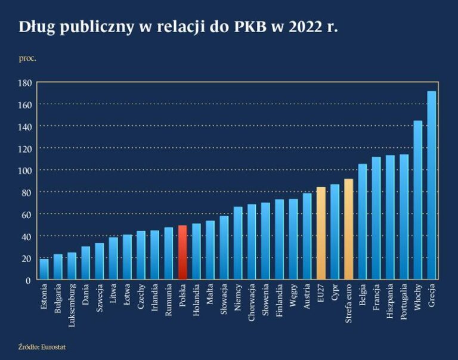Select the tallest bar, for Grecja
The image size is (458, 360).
(x=432, y=185)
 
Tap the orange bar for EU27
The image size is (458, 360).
(x=321, y=233)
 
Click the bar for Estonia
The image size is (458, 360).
(x=44, y=269)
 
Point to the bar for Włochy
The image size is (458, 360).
(x=418, y=200)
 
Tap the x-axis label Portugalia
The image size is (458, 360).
(x=404, y=303)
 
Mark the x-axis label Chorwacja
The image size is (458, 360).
(x=252, y=303)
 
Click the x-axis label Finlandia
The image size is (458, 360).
(x=279, y=302)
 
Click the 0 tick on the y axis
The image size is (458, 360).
(x=28, y=280)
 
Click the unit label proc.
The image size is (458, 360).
(x=27, y=58)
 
